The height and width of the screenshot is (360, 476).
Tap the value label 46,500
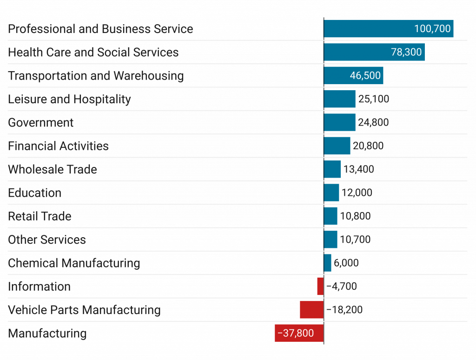365,75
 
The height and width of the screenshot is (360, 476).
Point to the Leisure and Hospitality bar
340,99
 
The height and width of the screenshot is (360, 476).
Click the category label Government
41,123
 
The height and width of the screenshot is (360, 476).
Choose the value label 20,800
368,146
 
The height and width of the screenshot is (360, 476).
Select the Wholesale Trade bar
332,169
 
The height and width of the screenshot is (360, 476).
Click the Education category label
35,193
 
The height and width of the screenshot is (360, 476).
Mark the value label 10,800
355,216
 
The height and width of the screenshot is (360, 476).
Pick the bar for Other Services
331,240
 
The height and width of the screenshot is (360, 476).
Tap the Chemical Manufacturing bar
328,263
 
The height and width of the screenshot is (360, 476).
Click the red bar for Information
320,287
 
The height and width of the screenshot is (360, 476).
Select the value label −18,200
344,310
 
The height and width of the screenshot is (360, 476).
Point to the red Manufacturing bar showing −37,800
299,333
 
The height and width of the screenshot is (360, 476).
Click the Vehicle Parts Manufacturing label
84,310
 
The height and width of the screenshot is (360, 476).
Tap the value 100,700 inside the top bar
432,29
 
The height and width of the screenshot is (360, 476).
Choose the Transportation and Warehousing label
96,76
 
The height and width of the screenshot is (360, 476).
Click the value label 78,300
406,52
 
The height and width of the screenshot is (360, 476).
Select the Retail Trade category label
40,216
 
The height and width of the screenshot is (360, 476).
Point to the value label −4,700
342,287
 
